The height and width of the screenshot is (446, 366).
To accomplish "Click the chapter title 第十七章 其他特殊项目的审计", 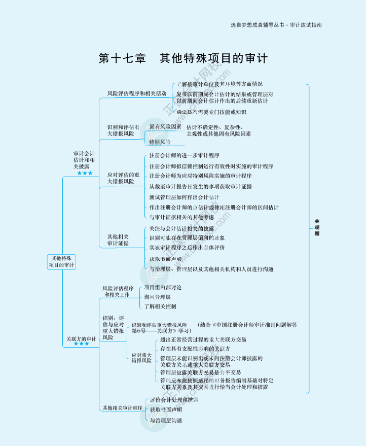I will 183,58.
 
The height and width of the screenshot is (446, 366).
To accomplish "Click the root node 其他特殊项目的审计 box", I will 61,262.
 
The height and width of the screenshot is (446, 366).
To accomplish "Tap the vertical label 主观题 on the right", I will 317,227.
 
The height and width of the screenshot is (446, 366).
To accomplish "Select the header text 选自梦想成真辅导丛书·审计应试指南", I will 276,24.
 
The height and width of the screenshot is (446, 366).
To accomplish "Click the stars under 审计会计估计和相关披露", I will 85,174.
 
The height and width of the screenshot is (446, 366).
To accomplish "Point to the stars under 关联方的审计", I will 81,344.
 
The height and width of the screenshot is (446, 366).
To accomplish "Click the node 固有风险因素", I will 165,127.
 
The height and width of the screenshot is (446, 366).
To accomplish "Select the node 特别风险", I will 160,142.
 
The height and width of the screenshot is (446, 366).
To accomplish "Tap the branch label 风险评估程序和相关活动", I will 136,94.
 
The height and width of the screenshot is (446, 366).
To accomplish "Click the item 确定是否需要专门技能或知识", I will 211,112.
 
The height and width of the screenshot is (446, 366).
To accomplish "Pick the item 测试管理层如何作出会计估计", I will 185,197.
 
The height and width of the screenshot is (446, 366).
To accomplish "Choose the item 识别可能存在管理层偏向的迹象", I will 187,238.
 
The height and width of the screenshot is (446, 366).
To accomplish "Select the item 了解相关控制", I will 160,306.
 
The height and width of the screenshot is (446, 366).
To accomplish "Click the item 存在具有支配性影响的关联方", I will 195,349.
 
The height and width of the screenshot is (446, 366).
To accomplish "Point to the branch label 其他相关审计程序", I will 122,408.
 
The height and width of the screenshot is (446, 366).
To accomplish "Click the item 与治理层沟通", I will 166,421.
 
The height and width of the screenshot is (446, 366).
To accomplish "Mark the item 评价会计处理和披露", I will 174,400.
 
